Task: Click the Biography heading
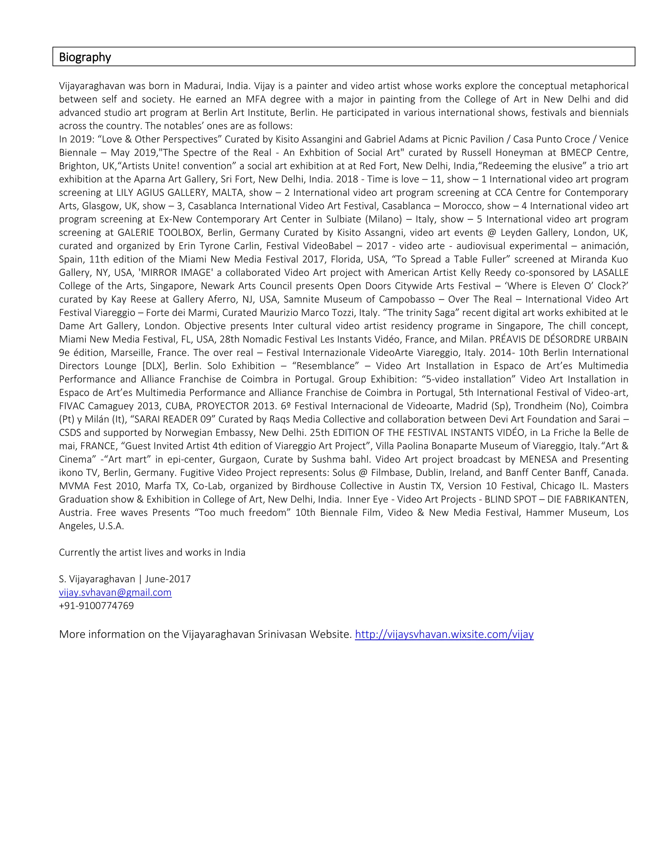point(85,57)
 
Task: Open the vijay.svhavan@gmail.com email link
point(115,592)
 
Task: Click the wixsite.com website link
point(444,634)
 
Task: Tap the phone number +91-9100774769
point(96,605)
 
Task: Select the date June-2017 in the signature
point(168,579)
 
